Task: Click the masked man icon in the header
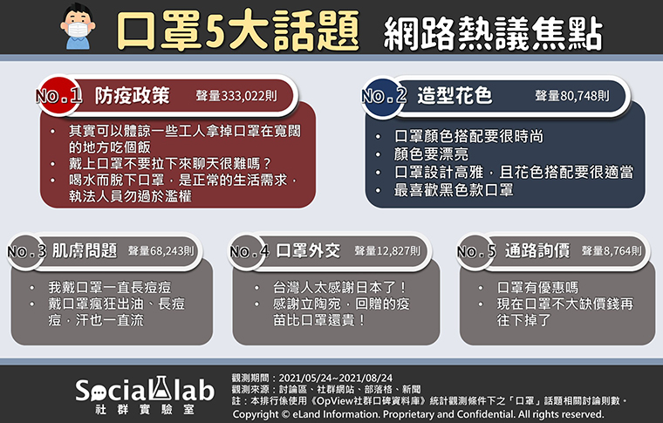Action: point(78,27)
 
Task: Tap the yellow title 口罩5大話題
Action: point(237,31)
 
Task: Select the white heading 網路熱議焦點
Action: point(493,33)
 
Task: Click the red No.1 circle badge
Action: point(58,96)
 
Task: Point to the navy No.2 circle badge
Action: point(384,96)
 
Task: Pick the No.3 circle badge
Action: point(26,251)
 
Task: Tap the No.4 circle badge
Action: point(248,251)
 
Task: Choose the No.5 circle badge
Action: point(475,251)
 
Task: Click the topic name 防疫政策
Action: point(132,96)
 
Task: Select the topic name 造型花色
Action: point(455,96)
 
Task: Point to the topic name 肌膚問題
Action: point(85,251)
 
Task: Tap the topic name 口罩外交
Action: point(308,251)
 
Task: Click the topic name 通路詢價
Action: point(537,251)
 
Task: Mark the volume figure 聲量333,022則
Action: point(236,96)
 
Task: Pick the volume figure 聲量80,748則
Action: point(572,96)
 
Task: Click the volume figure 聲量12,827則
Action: point(387,251)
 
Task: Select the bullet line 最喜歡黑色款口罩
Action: point(454,190)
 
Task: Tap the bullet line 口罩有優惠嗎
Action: point(537,288)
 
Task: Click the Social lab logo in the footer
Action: point(145,394)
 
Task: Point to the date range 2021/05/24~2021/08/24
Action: point(336,378)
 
